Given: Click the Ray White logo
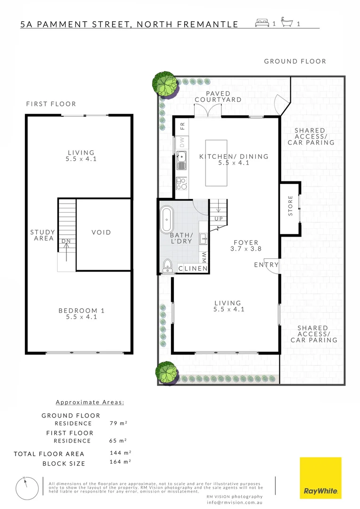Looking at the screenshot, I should pyautogui.click(x=320, y=478).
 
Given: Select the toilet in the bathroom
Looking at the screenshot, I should pyautogui.click(x=167, y=266).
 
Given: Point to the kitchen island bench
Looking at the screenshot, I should pyautogui.click(x=216, y=163).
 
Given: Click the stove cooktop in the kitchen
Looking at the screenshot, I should pyautogui.click(x=181, y=182).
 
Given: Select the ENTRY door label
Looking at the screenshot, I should pyautogui.click(x=266, y=265).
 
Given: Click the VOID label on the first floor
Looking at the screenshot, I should pyautogui.click(x=101, y=232).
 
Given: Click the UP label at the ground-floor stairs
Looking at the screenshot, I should pyautogui.click(x=218, y=219).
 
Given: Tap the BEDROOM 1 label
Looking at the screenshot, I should pyautogui.click(x=81, y=311).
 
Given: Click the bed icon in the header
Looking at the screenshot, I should pyautogui.click(x=262, y=23).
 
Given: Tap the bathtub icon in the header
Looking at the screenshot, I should pyautogui.click(x=287, y=23).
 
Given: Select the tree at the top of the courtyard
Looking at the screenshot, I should pyautogui.click(x=165, y=83).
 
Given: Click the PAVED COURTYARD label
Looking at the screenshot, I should pyautogui.click(x=218, y=97).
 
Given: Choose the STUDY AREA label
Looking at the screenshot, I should pyautogui.click(x=42, y=235).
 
